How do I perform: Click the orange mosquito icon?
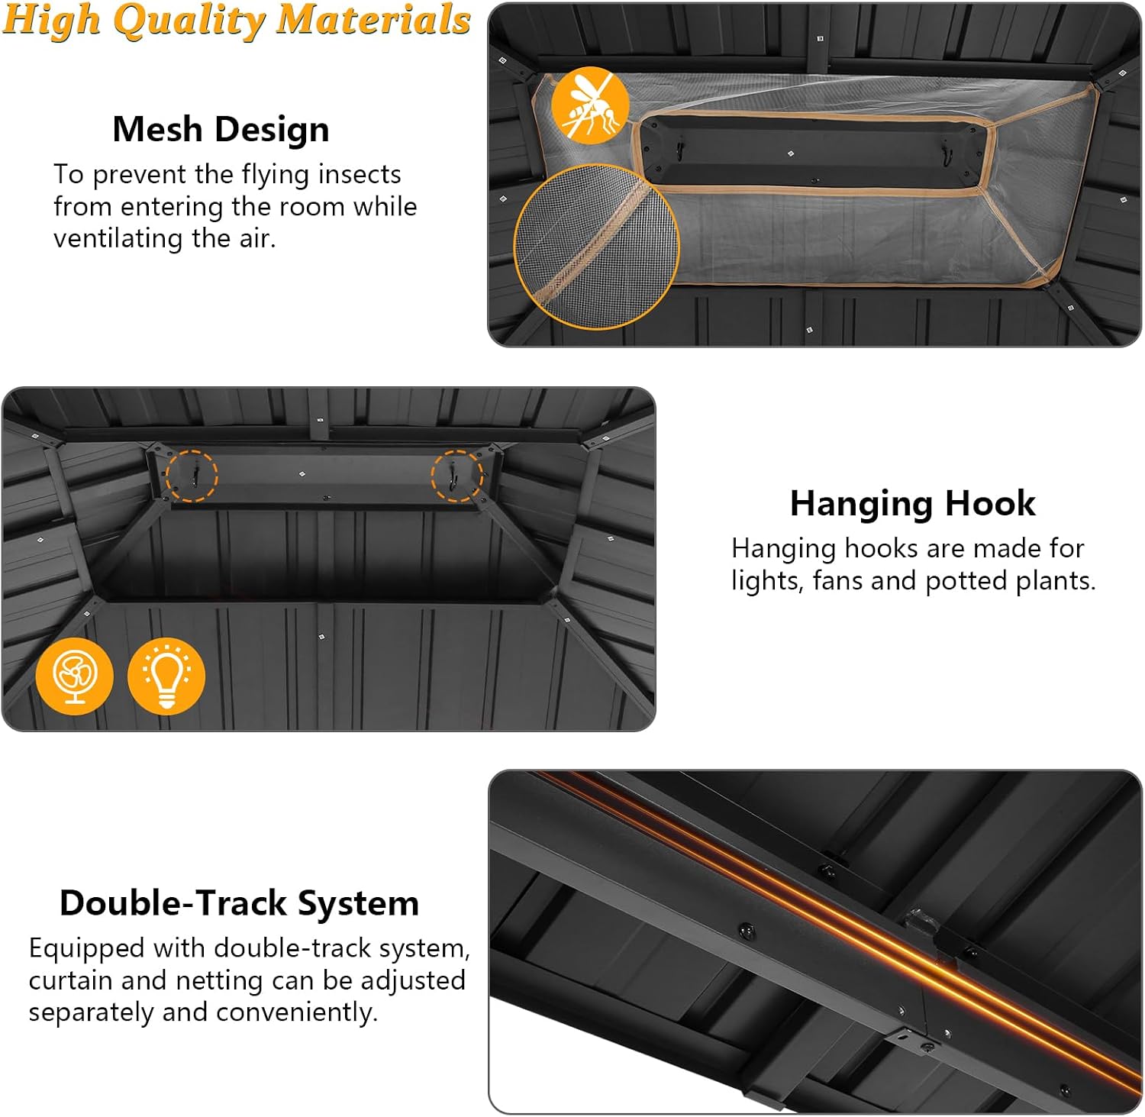[590, 105]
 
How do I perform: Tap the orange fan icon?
[74, 676]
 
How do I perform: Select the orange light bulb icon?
[166, 676]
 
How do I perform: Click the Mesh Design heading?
[221, 129]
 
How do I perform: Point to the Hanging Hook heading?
[913, 504]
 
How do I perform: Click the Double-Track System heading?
[240, 903]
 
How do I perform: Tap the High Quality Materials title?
[237, 20]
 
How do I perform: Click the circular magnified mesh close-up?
[596, 246]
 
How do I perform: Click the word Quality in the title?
[188, 21]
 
